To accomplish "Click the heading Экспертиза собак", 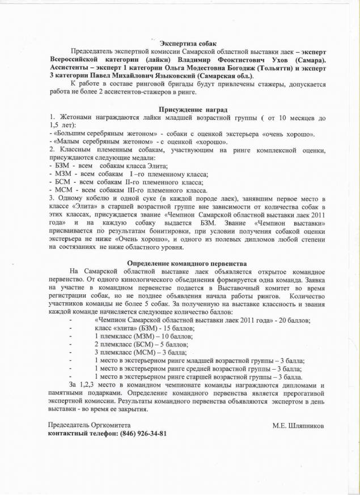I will pos(187,44).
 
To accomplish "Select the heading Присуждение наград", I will pos(187,109).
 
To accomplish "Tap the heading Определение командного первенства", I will pos(187,264).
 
